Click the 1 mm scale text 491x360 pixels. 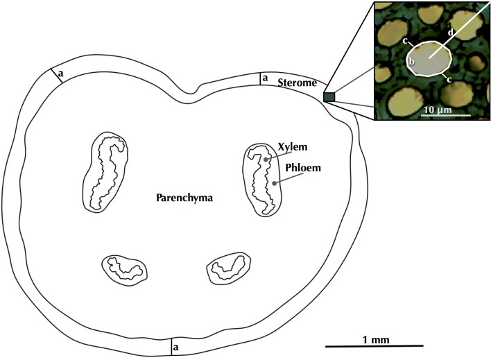(x=371, y=338)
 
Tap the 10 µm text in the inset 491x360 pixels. (x=438, y=109)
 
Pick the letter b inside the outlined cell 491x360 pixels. (x=411, y=62)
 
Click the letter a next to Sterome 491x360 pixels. (x=265, y=79)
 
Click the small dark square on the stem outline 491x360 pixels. (x=329, y=98)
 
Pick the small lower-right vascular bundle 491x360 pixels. (x=229, y=267)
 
